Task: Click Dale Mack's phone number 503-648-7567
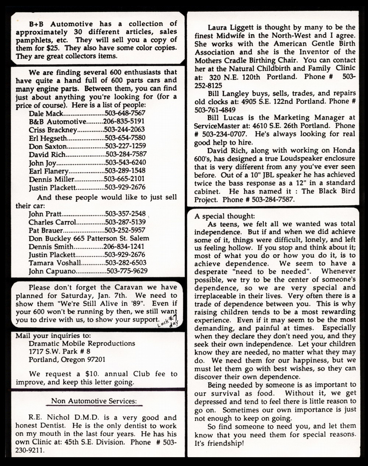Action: [x=125, y=113]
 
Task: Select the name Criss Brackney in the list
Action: [x=53, y=130]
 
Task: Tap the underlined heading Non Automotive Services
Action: [x=93, y=401]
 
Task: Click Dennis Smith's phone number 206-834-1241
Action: [x=124, y=246]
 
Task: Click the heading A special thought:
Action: [x=224, y=216]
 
